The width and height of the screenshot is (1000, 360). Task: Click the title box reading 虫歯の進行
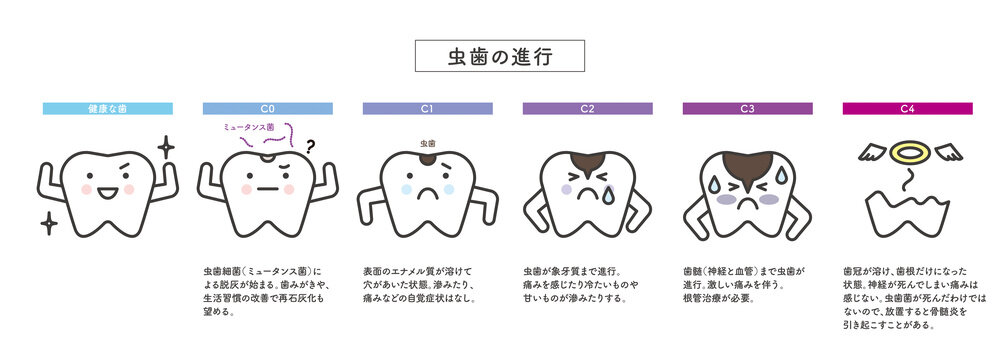[499, 56]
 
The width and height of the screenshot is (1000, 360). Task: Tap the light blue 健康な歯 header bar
[108, 109]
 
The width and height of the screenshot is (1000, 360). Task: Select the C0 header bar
[268, 109]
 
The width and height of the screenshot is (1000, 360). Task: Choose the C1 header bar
[428, 109]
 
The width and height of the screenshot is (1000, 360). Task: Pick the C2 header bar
[587, 109]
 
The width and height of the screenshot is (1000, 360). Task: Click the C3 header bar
[747, 109]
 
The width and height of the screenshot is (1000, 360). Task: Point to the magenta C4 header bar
[908, 109]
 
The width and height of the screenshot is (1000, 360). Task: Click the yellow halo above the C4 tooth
[910, 152]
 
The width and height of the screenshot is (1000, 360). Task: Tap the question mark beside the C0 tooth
[311, 148]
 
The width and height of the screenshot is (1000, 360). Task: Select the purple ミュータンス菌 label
[249, 127]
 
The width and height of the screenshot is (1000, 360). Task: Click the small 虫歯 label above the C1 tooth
[427, 144]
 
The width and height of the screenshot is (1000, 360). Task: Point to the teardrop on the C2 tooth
[609, 195]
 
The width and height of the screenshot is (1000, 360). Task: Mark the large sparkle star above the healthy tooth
[166, 147]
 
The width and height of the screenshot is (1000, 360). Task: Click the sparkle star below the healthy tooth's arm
[49, 223]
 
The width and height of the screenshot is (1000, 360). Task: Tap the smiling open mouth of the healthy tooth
[108, 192]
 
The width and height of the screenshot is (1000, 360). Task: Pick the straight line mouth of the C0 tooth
[268, 189]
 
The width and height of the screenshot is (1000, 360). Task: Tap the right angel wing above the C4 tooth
[948, 152]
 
